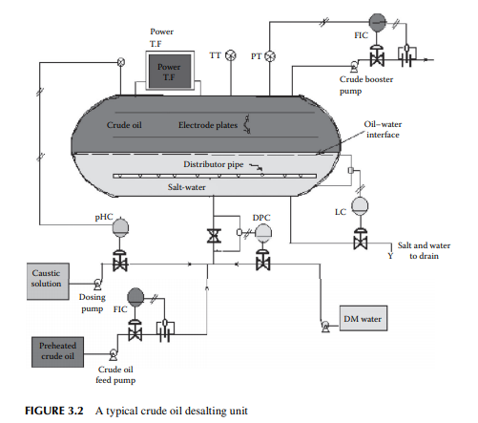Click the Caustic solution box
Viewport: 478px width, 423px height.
[x=48, y=281]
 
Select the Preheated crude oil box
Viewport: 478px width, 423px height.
[x=57, y=351]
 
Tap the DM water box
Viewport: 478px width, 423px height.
[x=364, y=318]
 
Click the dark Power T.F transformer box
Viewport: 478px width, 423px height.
[x=170, y=71]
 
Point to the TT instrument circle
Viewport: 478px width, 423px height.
[x=231, y=55]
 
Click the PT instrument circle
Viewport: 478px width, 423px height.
[x=270, y=56]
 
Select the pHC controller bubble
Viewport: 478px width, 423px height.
[x=120, y=227]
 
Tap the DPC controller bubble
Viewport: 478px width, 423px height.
[x=263, y=232]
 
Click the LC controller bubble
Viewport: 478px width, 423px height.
[x=360, y=206]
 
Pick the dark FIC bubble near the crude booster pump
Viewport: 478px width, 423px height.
[x=377, y=22]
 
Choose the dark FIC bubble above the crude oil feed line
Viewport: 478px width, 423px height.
[x=135, y=297]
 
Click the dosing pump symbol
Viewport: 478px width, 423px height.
[x=97, y=284]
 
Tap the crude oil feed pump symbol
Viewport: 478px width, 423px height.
[x=113, y=354]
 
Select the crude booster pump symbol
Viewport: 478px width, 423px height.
[x=354, y=66]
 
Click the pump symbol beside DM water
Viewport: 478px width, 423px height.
[x=325, y=327]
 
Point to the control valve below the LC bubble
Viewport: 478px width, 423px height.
[x=360, y=240]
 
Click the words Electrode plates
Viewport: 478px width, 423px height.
[x=208, y=125]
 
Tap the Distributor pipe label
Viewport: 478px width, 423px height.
[x=214, y=164]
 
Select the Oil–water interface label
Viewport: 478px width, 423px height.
[x=383, y=129]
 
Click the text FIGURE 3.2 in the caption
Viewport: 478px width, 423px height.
[x=54, y=411]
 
